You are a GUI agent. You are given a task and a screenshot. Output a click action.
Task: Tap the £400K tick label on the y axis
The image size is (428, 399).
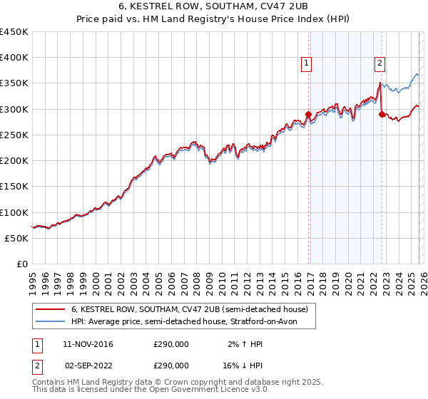click(x=14, y=58)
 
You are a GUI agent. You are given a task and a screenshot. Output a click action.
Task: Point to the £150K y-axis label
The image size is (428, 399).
click(x=14, y=187)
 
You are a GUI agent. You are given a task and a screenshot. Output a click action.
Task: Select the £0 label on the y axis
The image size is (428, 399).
click(x=23, y=264)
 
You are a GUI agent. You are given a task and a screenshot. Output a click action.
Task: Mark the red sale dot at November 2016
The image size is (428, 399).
click(x=308, y=114)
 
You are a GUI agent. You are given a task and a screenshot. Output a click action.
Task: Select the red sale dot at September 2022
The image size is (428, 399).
click(x=382, y=114)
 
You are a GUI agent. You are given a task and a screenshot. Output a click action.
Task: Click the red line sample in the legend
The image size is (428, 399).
click(x=50, y=309)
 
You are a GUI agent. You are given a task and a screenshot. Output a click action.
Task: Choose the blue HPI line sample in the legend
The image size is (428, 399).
click(x=50, y=321)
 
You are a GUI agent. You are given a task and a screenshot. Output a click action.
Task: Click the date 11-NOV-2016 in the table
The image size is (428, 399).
click(x=87, y=344)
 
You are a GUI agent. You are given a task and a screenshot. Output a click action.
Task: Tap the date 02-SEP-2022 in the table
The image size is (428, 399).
click(x=87, y=365)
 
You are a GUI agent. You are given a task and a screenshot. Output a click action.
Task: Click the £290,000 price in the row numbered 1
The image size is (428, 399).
click(x=170, y=344)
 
